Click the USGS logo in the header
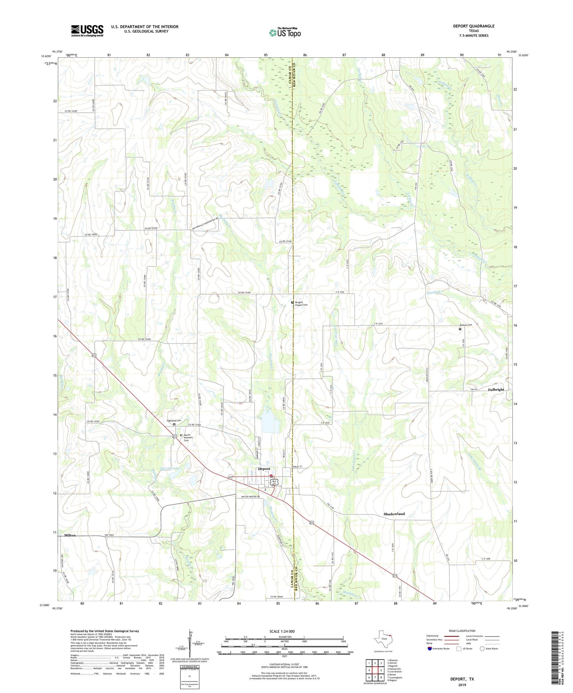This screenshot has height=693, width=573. (x=87, y=31)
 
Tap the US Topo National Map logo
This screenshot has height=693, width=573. (x=285, y=32)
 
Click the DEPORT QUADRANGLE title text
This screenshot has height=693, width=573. (x=473, y=26)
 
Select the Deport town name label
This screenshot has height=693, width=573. (x=264, y=469)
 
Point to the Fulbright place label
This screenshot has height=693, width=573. (x=496, y=390)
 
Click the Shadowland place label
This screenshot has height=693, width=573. (x=394, y=514)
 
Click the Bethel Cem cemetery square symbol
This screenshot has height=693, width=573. (x=460, y=329)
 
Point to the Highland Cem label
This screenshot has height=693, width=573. (x=174, y=420)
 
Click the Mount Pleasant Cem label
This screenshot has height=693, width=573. (x=187, y=438)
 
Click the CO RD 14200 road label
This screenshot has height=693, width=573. (x=71, y=111)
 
